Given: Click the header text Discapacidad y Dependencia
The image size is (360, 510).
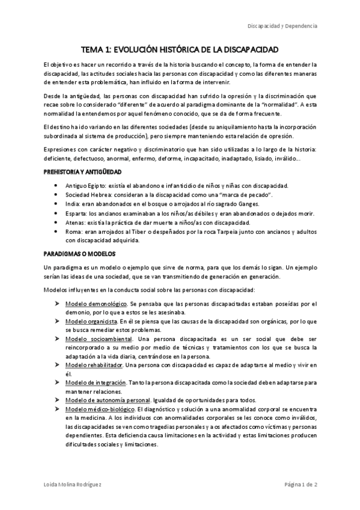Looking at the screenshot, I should click(x=282, y=26).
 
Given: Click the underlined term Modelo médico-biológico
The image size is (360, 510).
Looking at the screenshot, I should click(x=98, y=409).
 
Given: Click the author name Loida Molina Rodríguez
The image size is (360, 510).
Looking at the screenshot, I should click(x=74, y=485).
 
